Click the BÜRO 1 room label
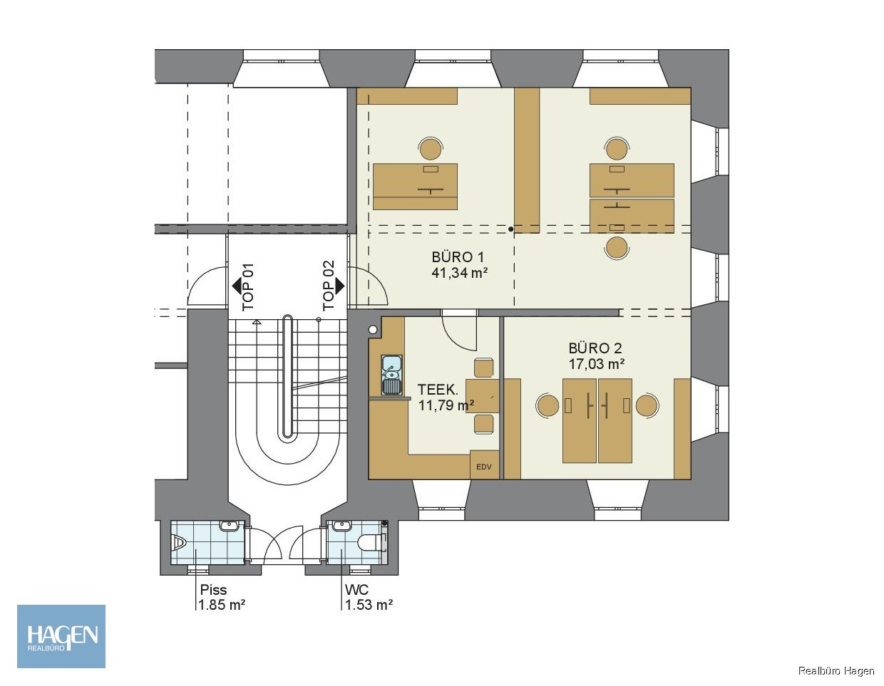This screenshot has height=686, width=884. click(x=458, y=257)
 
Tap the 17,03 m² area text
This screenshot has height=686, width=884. click(x=596, y=364)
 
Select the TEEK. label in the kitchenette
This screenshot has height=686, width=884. click(x=438, y=390)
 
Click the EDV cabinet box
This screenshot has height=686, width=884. click(x=484, y=464)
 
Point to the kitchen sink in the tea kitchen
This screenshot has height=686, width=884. click(x=392, y=375)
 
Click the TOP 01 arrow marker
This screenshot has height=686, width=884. click(x=237, y=286)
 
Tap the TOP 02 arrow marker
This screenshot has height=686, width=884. click(x=339, y=286)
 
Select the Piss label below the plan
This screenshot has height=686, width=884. click(x=213, y=590)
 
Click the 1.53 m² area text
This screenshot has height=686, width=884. click(x=369, y=605)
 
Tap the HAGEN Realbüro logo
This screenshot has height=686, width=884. click(x=61, y=636)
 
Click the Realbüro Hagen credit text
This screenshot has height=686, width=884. click(x=836, y=671)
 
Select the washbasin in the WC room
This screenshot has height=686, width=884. click(x=341, y=526)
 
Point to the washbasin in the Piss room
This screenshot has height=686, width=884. click(x=229, y=526)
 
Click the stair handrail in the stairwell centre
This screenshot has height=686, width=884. click(x=287, y=376)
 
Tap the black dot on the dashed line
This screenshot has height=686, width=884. click(x=511, y=229)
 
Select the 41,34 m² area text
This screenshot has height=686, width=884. click(x=459, y=273)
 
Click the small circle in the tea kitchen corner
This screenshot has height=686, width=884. click(x=373, y=330)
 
